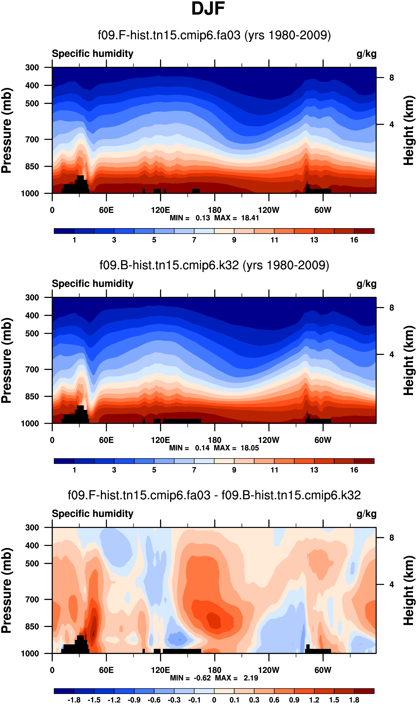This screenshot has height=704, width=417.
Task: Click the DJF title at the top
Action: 208,9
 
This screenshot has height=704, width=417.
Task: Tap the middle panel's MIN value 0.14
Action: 202,448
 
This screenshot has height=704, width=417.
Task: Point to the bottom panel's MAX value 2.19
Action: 251,678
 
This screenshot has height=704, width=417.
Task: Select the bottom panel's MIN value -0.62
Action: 202,678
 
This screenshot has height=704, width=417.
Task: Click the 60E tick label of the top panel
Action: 106,210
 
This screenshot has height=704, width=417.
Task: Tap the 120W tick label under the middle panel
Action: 269,440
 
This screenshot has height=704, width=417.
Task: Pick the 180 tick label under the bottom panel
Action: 214,670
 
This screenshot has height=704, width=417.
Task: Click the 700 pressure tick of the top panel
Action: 32,139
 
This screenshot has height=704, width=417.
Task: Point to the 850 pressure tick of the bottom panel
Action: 32,626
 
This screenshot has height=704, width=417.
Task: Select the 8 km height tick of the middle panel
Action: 391,308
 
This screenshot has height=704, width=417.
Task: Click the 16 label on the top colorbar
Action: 354,240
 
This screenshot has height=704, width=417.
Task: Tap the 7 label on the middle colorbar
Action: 194,470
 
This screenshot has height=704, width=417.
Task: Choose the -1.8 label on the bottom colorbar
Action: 74,700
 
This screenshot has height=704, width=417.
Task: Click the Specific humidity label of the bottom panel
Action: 92,514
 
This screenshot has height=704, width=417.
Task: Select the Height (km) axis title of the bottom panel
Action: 409,590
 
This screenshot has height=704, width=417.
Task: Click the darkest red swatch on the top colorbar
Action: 364,231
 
